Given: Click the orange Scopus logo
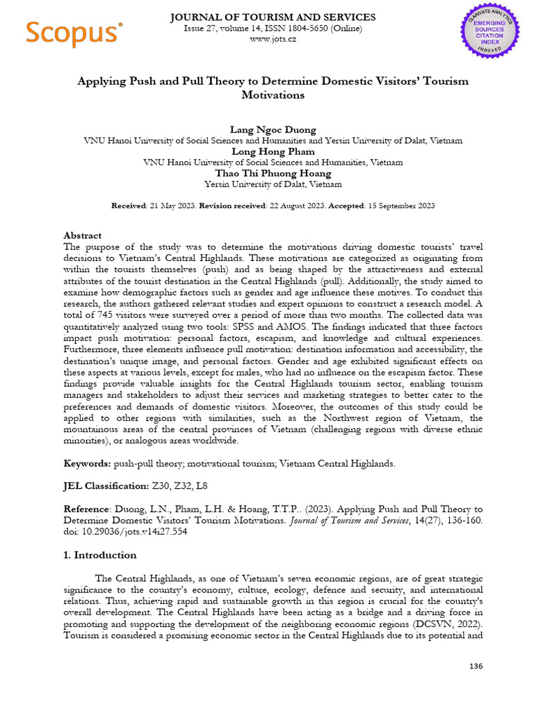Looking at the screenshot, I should click(74, 33).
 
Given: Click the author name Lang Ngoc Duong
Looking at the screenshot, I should click(273, 129).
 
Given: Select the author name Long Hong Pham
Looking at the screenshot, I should click(273, 151).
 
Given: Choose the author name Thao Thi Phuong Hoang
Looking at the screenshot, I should click(273, 174).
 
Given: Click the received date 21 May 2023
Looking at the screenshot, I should click(172, 206).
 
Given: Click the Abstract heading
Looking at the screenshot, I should click(82, 235).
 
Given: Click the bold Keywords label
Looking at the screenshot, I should click(88, 464).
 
